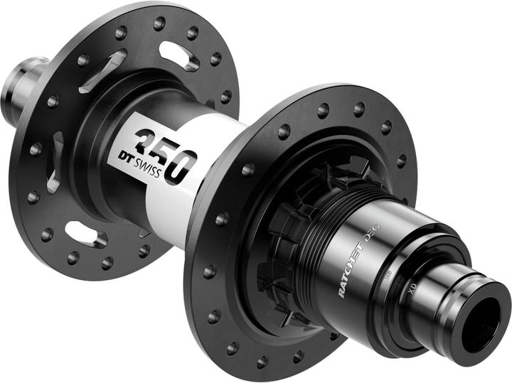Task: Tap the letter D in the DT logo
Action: coord(122,152)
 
